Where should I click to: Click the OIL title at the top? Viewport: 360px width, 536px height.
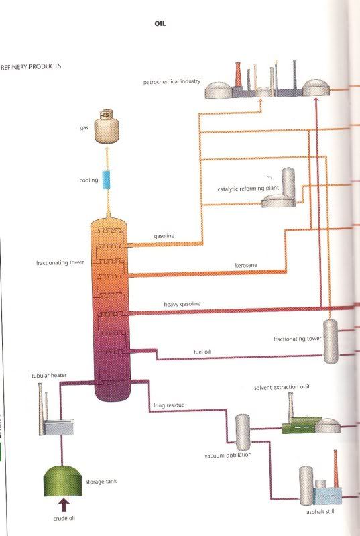coord(160,23)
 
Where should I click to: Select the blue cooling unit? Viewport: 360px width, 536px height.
coord(106,180)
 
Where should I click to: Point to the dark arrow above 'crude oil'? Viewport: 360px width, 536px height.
coord(64,505)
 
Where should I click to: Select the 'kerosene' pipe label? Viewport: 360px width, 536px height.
coord(246,265)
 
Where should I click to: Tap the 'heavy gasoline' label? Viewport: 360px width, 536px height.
coord(182,304)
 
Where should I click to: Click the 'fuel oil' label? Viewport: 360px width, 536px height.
coord(202,352)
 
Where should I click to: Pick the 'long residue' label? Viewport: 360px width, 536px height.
coord(169,405)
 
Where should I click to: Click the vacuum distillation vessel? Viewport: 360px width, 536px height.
coord(243,432)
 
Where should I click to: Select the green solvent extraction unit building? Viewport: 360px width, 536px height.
coord(301,425)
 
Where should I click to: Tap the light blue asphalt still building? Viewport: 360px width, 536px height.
coord(328,496)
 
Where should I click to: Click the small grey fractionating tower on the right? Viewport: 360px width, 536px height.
coord(331,341)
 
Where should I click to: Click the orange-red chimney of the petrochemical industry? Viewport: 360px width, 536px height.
coord(239,74)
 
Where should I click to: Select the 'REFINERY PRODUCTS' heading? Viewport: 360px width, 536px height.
coord(31,66)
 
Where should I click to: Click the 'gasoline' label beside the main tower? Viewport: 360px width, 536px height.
coord(164,236)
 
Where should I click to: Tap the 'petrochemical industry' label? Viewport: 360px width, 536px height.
coord(172,82)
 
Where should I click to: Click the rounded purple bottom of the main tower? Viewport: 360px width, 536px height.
coord(112,392)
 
